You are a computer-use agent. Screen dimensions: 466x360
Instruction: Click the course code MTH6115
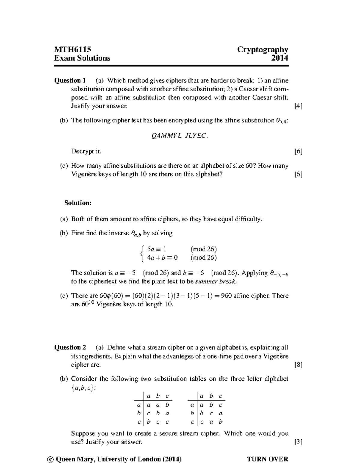tap(72, 50)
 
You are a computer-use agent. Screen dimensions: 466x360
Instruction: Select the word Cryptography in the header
tap(262, 50)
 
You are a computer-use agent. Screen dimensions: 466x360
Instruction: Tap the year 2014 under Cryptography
tap(280, 58)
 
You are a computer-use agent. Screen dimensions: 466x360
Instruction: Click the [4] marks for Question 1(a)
tap(298, 106)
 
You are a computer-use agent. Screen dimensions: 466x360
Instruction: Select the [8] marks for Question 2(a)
tap(298, 365)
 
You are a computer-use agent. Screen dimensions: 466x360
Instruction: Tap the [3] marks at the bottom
tap(298, 442)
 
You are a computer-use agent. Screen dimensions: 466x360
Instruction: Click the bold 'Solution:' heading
tap(78, 203)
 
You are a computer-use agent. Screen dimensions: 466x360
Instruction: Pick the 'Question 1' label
tap(70, 80)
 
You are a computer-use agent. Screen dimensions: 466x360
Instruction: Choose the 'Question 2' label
tap(70, 347)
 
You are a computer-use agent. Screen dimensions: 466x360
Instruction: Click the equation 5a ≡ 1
tap(156, 249)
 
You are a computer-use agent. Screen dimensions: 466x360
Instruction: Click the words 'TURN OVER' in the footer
tap(267, 459)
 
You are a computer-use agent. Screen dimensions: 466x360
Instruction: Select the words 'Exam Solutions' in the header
tap(82, 58)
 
